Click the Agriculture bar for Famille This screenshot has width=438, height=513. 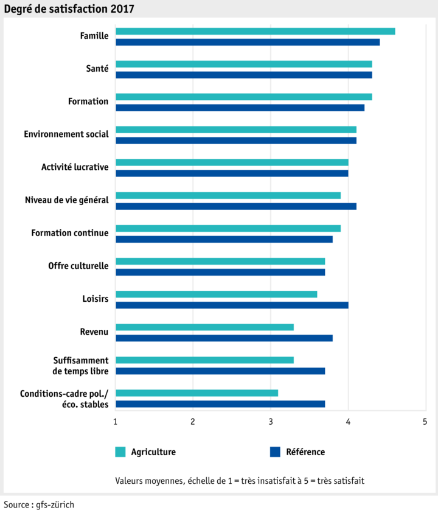[x=255, y=31]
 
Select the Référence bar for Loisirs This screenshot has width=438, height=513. [x=232, y=305]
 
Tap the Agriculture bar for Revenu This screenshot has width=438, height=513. [x=204, y=327]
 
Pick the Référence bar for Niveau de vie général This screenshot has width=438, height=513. [x=235, y=206]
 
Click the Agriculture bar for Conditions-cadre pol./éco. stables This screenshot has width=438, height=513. [x=196, y=393]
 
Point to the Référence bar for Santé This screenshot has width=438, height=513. [x=243, y=75]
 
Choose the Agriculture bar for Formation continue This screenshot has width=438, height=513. [x=228, y=228]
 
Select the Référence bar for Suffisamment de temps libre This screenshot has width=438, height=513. [x=220, y=371]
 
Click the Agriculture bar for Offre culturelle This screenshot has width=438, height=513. [x=220, y=261]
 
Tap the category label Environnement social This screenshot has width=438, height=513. [x=66, y=134]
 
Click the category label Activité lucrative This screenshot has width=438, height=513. [x=75, y=167]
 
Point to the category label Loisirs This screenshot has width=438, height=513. [x=95, y=299]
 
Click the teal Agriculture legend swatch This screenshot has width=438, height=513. [x=120, y=452]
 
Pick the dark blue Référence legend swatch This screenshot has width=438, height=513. [x=275, y=452]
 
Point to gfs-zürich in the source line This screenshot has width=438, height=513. [x=55, y=504]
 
